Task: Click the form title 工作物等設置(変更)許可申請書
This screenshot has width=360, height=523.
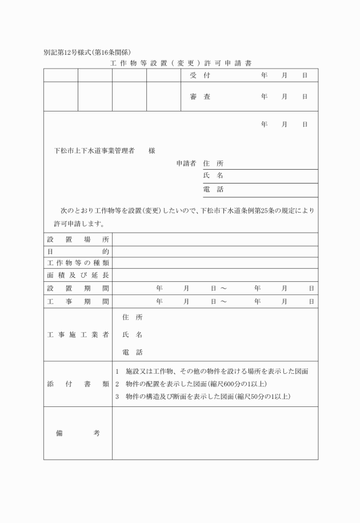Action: [x=181, y=62]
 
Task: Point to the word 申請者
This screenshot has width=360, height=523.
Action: [x=186, y=163]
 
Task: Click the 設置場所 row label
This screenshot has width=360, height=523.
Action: [x=78, y=239]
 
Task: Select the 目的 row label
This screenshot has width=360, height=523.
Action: [x=78, y=251]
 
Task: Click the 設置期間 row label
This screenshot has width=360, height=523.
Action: [x=78, y=288]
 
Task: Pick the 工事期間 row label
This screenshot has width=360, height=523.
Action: [x=78, y=301]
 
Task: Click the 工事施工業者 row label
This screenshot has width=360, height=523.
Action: [x=78, y=335]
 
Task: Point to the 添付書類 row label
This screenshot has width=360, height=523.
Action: [x=78, y=384]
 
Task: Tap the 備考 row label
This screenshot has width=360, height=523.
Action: [x=78, y=433]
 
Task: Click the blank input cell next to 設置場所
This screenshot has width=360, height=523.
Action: [x=215, y=239]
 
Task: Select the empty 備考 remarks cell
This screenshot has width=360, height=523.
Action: [x=215, y=433]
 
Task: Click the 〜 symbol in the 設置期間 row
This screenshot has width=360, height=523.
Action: [x=223, y=288]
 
